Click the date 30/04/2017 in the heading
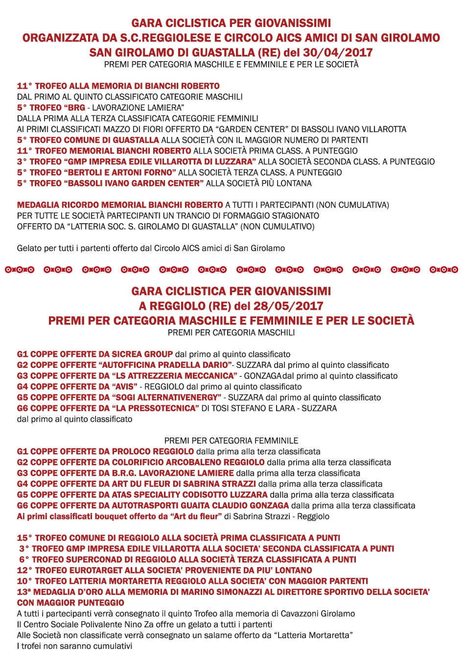tap(338, 52)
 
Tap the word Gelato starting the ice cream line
tap(29, 248)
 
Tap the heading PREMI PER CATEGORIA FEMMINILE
tap(231, 440)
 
